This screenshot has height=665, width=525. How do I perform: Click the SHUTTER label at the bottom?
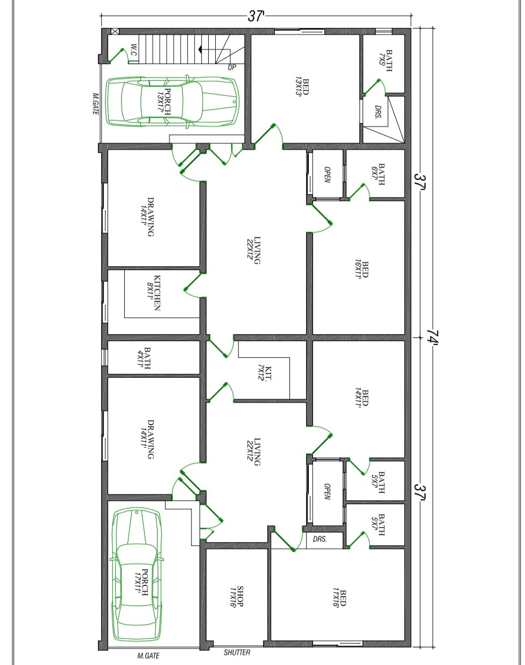(237, 652)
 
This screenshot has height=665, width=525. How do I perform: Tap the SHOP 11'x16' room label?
(236, 596)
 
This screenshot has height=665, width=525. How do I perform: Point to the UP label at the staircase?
(232, 67)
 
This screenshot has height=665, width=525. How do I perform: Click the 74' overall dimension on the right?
(432, 337)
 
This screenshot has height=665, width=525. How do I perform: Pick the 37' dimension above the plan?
(256, 17)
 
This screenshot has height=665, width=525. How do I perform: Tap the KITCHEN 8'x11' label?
(154, 292)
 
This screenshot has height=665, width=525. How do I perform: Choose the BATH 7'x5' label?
(385, 61)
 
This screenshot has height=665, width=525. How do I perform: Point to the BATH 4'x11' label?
(144, 358)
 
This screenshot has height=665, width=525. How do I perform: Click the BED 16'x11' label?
(361, 269)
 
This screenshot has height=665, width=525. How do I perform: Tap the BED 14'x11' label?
(361, 398)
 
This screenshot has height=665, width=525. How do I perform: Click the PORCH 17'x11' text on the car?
(141, 583)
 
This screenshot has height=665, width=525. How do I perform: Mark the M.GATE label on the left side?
(96, 104)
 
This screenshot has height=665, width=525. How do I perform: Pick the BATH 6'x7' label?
(378, 174)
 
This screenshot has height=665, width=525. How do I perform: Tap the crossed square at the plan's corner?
(115, 31)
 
